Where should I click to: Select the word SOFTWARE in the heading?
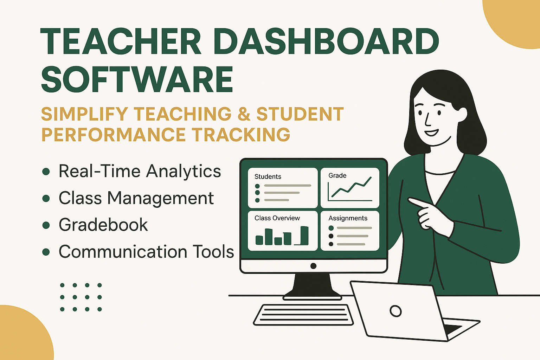(137, 79)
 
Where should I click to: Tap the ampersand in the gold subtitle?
(244, 114)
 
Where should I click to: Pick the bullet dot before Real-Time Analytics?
(46, 172)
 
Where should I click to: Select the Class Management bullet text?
(136, 198)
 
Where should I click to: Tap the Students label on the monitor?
(268, 176)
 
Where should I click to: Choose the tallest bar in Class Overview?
(304, 235)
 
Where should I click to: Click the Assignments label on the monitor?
(348, 218)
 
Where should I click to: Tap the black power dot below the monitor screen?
(313, 266)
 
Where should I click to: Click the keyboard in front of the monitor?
(303, 315)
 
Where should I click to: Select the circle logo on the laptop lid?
(396, 311)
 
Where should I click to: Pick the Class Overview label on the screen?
(277, 218)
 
